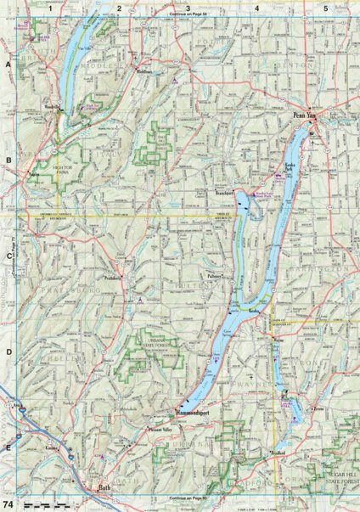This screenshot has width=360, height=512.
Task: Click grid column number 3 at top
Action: coord(187,8)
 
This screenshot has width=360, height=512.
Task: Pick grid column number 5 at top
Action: coord(325,8)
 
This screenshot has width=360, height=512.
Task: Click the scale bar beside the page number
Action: coord(47,506)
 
